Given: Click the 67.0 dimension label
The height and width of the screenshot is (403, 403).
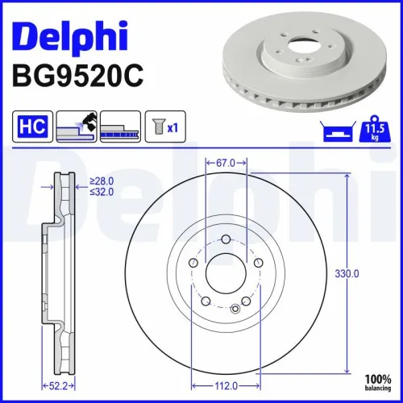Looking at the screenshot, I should (x=225, y=163).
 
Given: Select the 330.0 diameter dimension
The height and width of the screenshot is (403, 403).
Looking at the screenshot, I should (x=346, y=273).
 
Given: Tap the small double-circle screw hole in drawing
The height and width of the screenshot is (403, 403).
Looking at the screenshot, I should (x=235, y=306).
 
